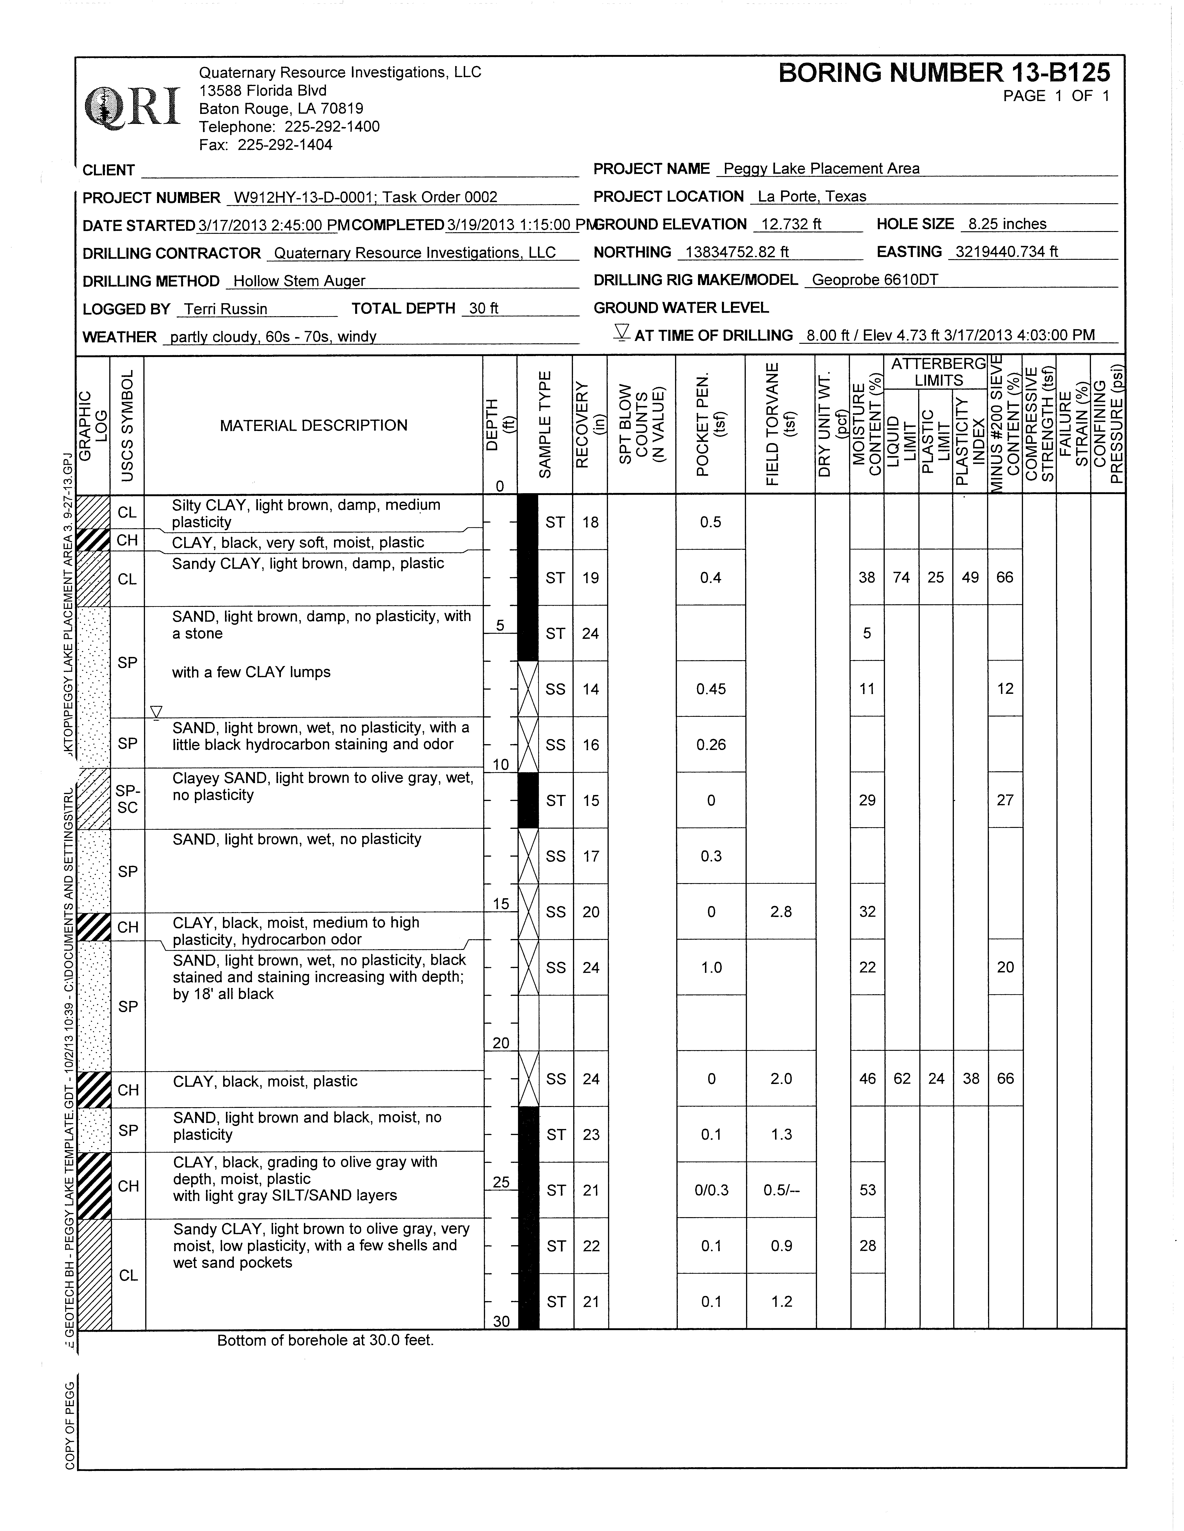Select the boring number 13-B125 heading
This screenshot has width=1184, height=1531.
pyautogui.click(x=944, y=73)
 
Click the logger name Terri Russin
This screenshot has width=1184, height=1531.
pyautogui.click(x=226, y=309)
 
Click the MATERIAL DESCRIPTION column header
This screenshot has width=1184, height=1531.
pyautogui.click(x=313, y=425)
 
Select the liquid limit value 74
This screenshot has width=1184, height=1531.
pyautogui.click(x=901, y=578)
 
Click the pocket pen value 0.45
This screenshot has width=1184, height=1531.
pyautogui.click(x=711, y=689)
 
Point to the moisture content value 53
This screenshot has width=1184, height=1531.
pyautogui.click(x=867, y=1190)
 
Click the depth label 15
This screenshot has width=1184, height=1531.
pyautogui.click(x=501, y=904)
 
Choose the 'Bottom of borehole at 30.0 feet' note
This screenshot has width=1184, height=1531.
pyautogui.click(x=325, y=1340)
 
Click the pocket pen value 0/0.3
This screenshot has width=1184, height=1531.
pyautogui.click(x=711, y=1190)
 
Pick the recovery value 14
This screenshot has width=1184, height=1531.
pyautogui.click(x=590, y=689)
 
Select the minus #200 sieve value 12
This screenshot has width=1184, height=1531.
pyautogui.click(x=1005, y=689)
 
